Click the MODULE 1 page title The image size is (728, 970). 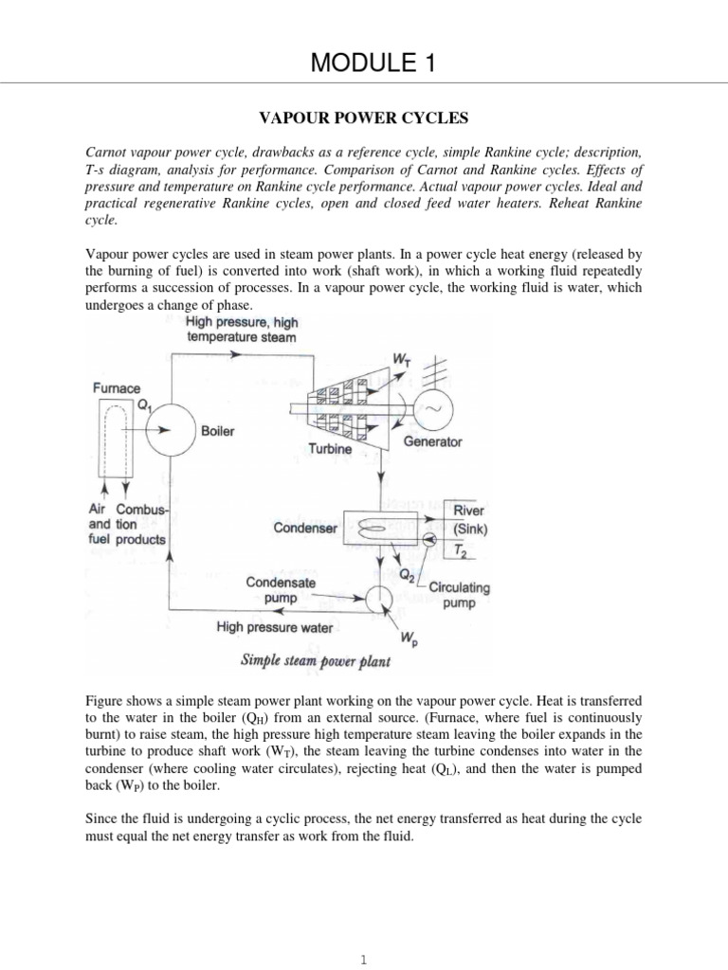(364, 63)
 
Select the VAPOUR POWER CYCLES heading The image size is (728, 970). (364, 119)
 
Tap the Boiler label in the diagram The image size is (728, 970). (218, 430)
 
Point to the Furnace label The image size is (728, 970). (115, 387)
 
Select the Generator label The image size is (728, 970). (433, 442)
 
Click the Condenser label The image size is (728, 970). (306, 528)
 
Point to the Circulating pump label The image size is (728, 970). (460, 595)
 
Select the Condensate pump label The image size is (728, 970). (281, 591)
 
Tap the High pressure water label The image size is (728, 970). (274, 626)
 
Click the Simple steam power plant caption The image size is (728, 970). (316, 661)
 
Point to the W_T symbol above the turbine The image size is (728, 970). (400, 359)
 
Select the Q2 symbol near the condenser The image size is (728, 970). (407, 573)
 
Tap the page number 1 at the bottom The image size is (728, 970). (364, 960)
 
